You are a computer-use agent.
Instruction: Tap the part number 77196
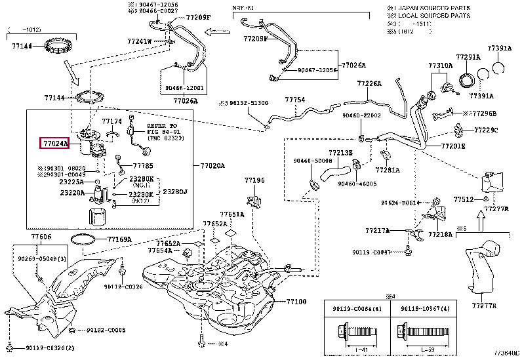coord(254,180)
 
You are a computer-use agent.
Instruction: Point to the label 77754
coord(294,100)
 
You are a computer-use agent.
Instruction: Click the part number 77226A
coord(369,84)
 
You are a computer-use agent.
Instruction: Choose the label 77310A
coord(440,66)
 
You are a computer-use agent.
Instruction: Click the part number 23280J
coord(175,191)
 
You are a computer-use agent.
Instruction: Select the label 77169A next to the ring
coord(119,239)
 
